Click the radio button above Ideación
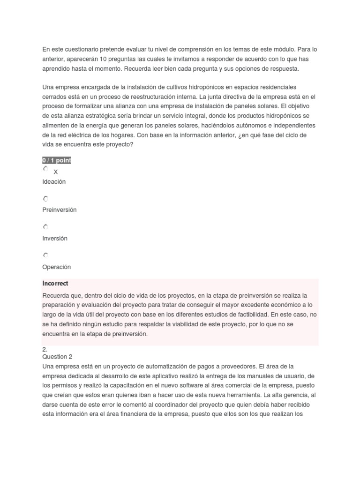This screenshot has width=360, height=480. tap(45, 169)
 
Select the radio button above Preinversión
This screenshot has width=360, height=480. tap(45, 199)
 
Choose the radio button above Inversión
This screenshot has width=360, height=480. tap(45, 227)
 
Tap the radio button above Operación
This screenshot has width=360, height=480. tap(45, 255)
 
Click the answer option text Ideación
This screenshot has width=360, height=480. tap(54, 182)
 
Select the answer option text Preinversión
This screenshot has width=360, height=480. tap(59, 210)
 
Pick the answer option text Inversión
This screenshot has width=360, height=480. tap(55, 239)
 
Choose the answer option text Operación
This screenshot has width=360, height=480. tap(56, 267)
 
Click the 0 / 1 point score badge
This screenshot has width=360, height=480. tap(57, 160)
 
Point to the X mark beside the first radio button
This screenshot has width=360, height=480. tap(56, 172)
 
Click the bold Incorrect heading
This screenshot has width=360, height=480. tap(55, 284)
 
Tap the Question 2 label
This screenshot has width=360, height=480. tap(57, 357)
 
